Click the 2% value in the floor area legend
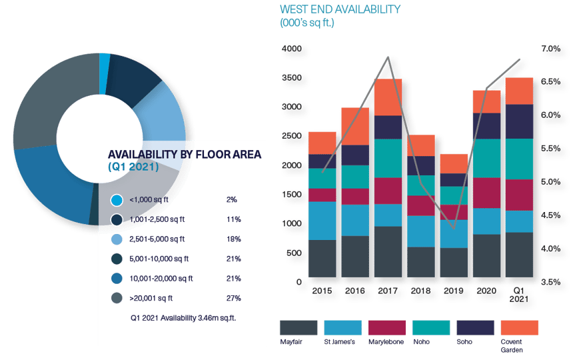click(231, 199)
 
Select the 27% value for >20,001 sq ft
click(233, 298)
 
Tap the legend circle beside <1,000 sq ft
click(117, 199)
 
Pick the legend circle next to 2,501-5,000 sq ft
click(117, 239)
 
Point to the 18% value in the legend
click(233, 239)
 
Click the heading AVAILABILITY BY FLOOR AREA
click(185, 155)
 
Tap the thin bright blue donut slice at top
click(104, 62)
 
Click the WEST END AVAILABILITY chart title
click(340, 9)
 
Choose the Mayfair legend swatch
click(298, 327)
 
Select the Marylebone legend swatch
click(386, 327)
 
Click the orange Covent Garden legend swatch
click(518, 327)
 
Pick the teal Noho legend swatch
click(430, 327)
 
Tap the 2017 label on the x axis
click(388, 291)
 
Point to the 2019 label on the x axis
click(453, 291)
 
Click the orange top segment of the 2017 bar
click(388, 97)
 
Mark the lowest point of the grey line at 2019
click(453, 228)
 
